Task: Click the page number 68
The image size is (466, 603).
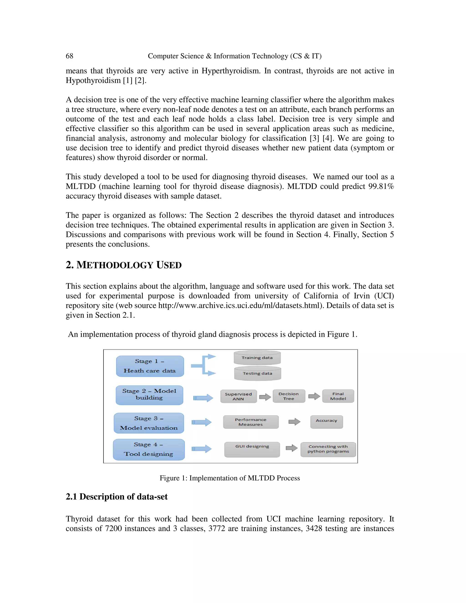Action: coord(69,56)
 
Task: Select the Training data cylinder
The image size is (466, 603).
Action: coord(257,358)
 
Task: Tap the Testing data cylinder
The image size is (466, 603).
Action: coord(257,374)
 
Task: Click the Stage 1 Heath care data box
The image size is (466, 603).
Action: coord(150,366)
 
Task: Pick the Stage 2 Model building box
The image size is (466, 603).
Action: coord(149,395)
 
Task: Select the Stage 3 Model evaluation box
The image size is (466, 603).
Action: coord(149,423)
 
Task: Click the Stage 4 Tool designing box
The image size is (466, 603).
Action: coord(149,449)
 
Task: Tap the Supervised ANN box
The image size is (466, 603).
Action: coord(238,396)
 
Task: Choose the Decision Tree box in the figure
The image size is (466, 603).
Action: coord(289,396)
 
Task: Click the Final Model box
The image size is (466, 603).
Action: coord(338,396)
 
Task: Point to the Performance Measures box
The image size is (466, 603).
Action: coord(251,422)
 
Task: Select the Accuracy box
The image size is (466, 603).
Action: coord(326,422)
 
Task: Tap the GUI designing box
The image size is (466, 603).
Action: coord(252,449)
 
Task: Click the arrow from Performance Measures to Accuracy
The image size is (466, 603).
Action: coord(294,422)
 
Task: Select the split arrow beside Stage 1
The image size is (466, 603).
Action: coord(203,365)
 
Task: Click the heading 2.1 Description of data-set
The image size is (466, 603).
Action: coord(116,497)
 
